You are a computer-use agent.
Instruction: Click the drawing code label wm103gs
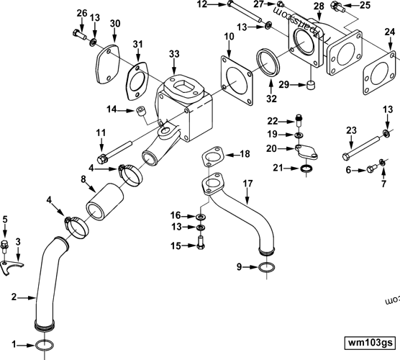tap(370, 343)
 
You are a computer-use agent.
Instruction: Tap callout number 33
tap(175, 54)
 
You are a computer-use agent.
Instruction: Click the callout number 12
tap(201, 4)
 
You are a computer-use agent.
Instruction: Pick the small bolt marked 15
tap(200, 246)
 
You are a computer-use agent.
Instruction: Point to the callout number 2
tap(13, 295)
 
